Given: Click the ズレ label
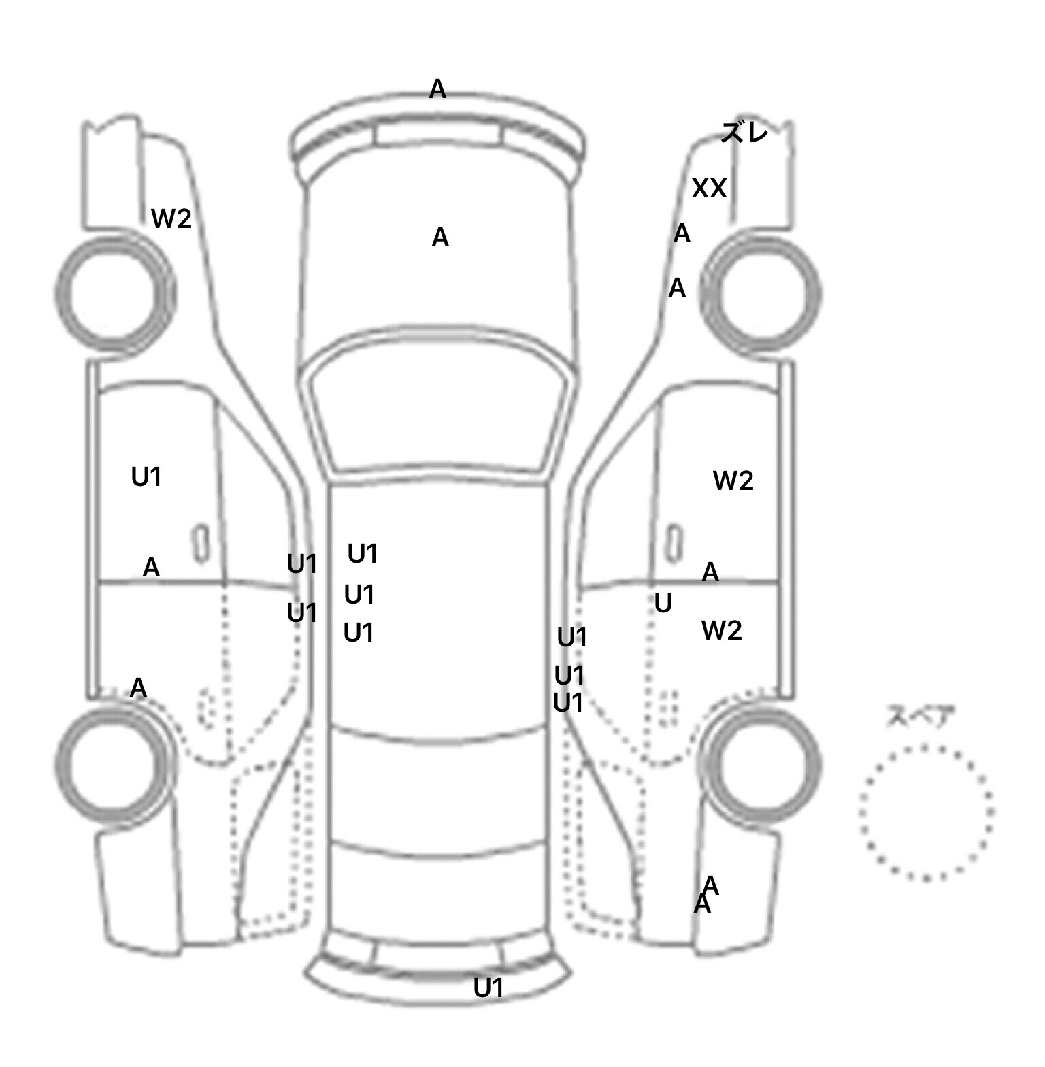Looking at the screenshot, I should coord(744,132).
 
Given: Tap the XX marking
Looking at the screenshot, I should coord(709,188).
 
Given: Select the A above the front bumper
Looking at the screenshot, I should coord(437,88).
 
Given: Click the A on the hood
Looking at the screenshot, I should coord(440,237).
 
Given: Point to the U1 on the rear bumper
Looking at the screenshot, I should coord(488,987).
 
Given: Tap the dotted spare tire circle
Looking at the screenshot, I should coord(926,812).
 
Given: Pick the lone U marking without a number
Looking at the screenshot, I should coord(663,604).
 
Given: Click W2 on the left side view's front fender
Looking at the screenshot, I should coord(171,218).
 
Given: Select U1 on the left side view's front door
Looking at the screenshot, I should coord(146,477).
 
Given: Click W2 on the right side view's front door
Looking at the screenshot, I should coord(733,481).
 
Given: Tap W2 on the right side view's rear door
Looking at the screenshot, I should coord(721,631).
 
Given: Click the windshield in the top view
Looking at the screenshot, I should coord(439,408).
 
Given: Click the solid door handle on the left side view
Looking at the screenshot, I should coord(201,544).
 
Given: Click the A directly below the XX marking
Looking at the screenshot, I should coord(682,234).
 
